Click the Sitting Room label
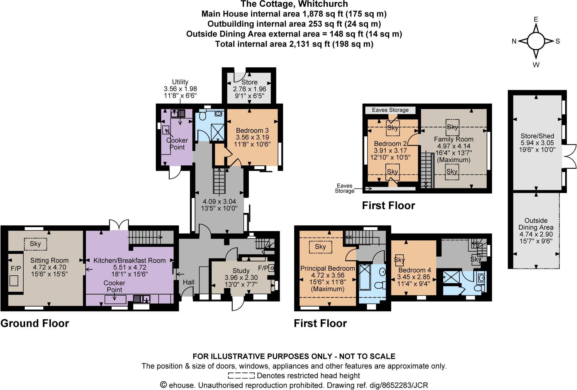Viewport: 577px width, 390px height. pos(49,260)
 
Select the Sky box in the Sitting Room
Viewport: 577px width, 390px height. pos(35,244)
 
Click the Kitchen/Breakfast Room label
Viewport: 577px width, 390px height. pos(129,260)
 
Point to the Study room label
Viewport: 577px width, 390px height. pos(241,271)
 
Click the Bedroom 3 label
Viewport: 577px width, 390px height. pos(252,130)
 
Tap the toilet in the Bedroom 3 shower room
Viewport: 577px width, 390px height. pos(202,115)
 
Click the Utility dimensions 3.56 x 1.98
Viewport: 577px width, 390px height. pos(180,89)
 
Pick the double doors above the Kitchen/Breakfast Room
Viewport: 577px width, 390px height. pos(119,225)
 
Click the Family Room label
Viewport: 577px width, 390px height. pos(454,139)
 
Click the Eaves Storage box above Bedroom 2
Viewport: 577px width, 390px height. pos(390,110)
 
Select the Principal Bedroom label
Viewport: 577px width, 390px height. pos(327,268)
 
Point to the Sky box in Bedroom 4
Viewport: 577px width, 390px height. pos(399,260)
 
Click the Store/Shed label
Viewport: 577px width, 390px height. pos(537,136)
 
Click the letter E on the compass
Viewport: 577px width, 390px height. pos(536,19)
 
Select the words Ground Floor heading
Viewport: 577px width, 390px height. pos(35,323)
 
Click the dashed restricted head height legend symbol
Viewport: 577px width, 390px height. pos(241,376)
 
